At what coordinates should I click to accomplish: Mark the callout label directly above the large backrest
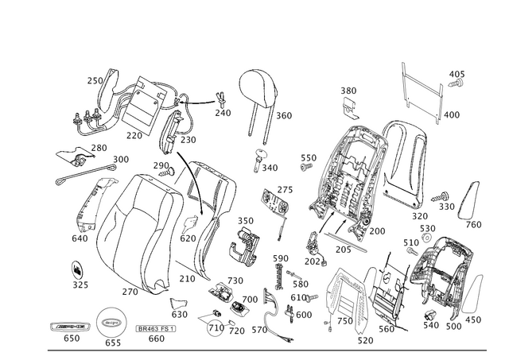348,96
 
